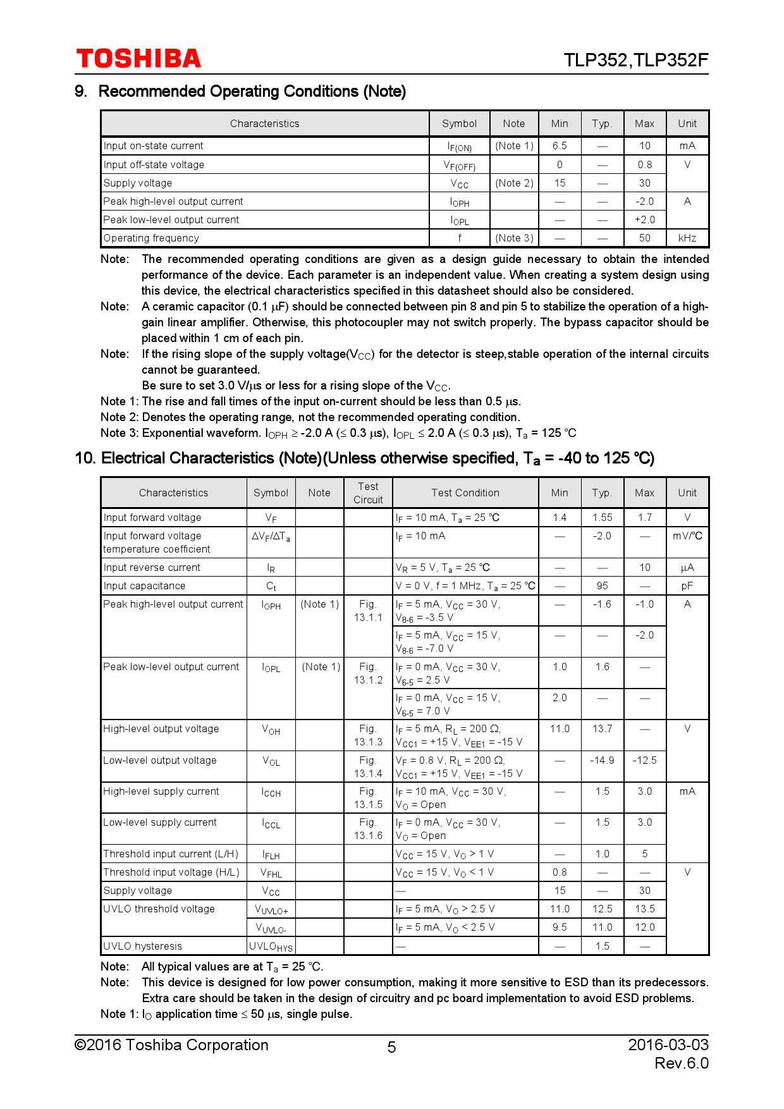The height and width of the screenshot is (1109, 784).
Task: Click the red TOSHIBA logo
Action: pyautogui.click(x=138, y=59)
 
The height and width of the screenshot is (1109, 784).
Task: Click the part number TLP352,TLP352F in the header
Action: pyautogui.click(x=635, y=60)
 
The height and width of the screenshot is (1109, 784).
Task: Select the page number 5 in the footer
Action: pyautogui.click(x=391, y=1048)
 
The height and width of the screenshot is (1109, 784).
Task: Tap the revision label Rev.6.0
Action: pyautogui.click(x=681, y=1063)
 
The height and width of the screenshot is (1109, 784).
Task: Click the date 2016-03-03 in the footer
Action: pyautogui.click(x=668, y=1045)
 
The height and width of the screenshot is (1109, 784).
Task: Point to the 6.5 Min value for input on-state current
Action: pyautogui.click(x=560, y=146)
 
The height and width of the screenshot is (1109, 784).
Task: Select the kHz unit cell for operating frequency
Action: pyautogui.click(x=687, y=238)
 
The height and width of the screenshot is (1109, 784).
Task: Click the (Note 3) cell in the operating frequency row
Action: pyautogui.click(x=514, y=238)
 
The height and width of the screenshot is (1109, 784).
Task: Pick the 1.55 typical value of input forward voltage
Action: pyautogui.click(x=602, y=518)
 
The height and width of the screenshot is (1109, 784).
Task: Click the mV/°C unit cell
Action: pyautogui.click(x=687, y=536)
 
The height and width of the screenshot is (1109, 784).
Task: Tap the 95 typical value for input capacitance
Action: pyautogui.click(x=602, y=586)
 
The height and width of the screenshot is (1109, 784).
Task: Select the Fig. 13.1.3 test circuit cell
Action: pyautogui.click(x=368, y=735)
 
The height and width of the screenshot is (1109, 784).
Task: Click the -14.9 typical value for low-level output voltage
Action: pyautogui.click(x=602, y=761)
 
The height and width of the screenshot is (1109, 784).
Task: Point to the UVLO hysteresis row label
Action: pyautogui.click(x=143, y=947)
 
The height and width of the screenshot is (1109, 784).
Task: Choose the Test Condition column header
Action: pyautogui.click(x=465, y=493)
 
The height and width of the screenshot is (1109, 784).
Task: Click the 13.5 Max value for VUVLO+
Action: pyautogui.click(x=644, y=909)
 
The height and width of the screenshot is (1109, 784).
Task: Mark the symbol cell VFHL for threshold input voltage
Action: pyautogui.click(x=271, y=873)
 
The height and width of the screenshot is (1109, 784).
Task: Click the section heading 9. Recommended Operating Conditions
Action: pyautogui.click(x=240, y=92)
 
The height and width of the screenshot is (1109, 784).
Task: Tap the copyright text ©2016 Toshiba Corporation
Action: pyautogui.click(x=171, y=1045)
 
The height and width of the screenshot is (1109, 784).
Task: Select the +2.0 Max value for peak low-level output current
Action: pyautogui.click(x=644, y=220)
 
